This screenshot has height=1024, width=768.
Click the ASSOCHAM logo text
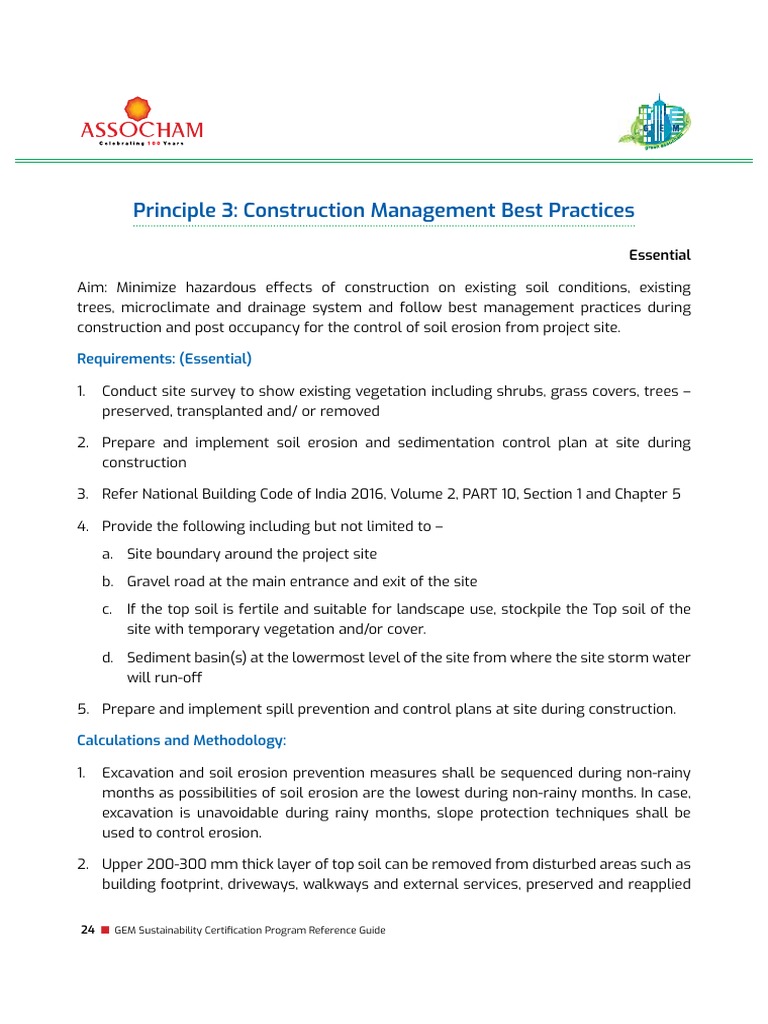(x=141, y=129)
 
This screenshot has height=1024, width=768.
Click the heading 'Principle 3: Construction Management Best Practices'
(x=384, y=211)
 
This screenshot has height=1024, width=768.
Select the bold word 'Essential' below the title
(x=660, y=255)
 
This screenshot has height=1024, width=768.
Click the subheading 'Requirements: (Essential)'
(x=164, y=357)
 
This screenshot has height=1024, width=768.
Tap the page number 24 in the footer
(x=87, y=930)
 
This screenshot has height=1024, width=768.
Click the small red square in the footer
(x=104, y=930)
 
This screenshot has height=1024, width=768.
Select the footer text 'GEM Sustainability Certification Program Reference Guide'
(x=250, y=930)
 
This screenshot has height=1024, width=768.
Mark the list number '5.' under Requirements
(x=84, y=709)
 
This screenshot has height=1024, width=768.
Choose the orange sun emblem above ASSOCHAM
(x=139, y=106)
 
